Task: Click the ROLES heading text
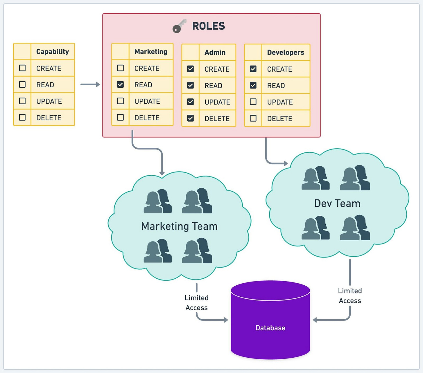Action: coord(208,26)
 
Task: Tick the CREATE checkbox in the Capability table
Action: coord(22,68)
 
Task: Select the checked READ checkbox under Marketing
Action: coord(120,84)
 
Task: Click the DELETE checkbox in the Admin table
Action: coord(190,118)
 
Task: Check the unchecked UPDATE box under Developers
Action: coord(253,102)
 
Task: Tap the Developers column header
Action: coord(285,53)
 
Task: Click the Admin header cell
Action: coord(215,53)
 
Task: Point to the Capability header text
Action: coord(52,52)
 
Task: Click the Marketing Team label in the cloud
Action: coord(179,226)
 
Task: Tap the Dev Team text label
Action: coord(337,203)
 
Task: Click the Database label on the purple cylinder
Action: coord(270,328)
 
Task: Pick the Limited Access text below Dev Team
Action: coord(350,296)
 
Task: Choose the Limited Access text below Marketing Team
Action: coord(197,303)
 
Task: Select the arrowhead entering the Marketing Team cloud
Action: coord(162,173)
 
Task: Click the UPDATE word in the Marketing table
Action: coord(147,101)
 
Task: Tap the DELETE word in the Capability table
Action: coord(49,118)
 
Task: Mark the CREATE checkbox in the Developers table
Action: coord(253,69)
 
